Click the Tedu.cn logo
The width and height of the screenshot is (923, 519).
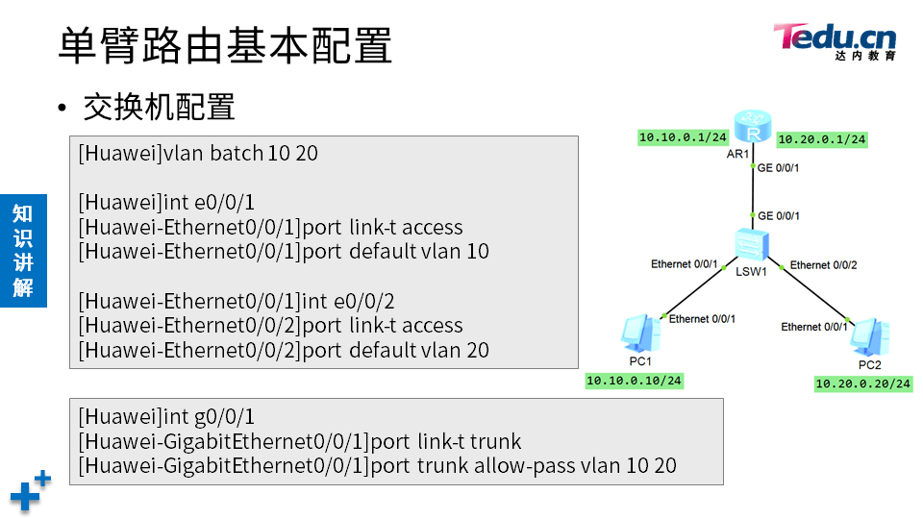point(835,40)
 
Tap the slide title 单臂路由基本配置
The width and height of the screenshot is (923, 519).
point(225,45)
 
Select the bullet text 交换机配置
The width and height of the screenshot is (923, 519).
point(159,107)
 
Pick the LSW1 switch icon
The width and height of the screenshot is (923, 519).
point(751,247)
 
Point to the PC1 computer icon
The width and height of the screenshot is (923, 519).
point(639,333)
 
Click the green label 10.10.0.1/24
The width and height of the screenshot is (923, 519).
point(683,137)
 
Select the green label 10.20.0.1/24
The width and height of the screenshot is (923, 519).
point(821,139)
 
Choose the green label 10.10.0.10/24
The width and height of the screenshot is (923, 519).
point(635,381)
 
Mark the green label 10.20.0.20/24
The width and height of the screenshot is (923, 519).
point(862,383)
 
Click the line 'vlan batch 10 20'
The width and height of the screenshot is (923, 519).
point(198,153)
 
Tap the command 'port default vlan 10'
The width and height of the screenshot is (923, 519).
point(284,252)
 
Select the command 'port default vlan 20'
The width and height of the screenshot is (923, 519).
point(284,351)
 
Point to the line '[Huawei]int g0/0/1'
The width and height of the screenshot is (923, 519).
point(166,417)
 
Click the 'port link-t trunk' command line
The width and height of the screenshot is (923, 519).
point(300,442)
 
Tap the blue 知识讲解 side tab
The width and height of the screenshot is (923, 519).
point(23,250)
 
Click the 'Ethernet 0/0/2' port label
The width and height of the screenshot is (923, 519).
point(823,265)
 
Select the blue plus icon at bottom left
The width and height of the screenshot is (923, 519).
point(29,491)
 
